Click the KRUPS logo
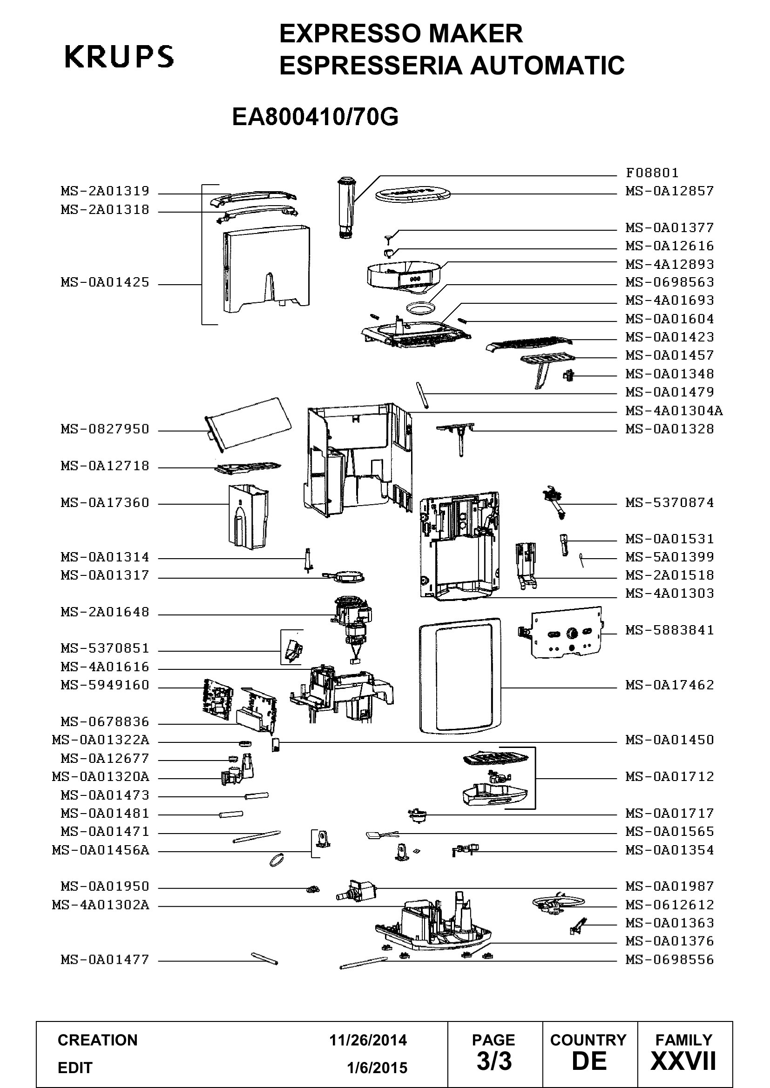[119, 56]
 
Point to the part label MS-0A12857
[669, 191]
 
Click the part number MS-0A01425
[105, 282]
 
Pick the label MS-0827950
[105, 429]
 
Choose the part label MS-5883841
[669, 630]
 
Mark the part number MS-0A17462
[669, 685]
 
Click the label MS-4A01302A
[101, 905]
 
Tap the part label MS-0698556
[669, 960]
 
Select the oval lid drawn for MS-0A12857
[412, 195]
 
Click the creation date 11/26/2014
[368, 1040]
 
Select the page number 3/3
[494, 1061]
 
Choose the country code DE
[589, 1061]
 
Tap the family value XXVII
[683, 1061]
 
